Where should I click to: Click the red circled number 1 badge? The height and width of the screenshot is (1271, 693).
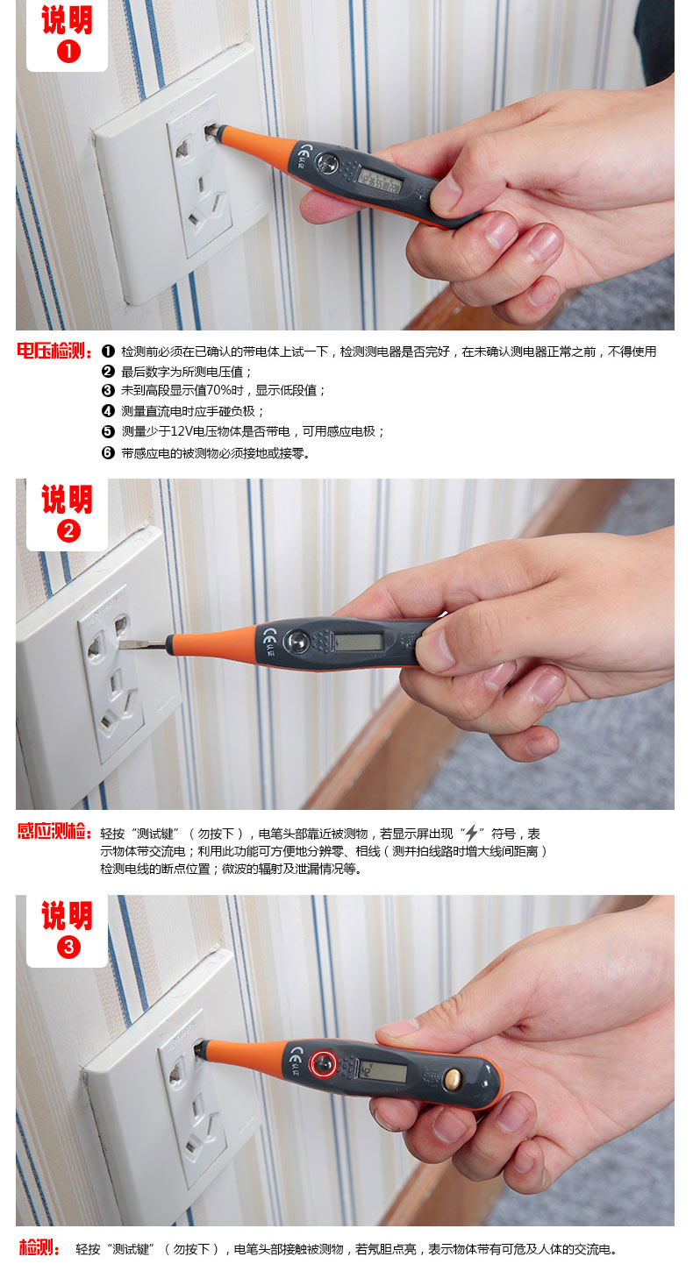(68, 52)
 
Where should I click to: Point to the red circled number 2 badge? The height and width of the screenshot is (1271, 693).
(68, 531)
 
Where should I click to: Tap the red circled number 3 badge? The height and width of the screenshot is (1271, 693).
(68, 947)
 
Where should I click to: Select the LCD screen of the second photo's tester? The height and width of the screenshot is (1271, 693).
(359, 642)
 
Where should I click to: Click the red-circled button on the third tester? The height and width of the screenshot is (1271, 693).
(323, 1062)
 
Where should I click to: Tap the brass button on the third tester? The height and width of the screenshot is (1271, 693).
(452, 1077)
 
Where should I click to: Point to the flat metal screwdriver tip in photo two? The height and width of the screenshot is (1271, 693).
(142, 644)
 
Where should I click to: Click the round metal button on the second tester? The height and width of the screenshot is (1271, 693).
(296, 642)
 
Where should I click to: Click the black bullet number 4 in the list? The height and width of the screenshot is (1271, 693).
(108, 411)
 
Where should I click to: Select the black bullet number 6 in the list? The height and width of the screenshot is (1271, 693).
(108, 453)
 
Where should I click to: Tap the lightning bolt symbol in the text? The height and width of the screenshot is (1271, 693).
(471, 833)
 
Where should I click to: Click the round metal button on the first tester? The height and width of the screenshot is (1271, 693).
(327, 163)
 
